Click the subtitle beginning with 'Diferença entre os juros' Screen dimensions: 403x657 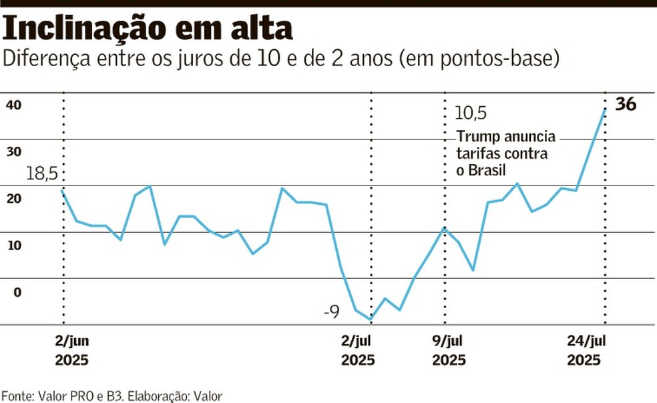pyautogui.click(x=281, y=59)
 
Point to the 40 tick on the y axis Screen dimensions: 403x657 pyautogui.click(x=14, y=105)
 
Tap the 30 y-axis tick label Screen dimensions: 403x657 pyautogui.click(x=14, y=151)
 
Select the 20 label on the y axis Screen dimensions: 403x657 pyautogui.click(x=14, y=198)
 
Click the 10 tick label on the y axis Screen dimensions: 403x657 pyautogui.click(x=14, y=245)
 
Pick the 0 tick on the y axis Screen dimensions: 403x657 pyautogui.click(x=17, y=292)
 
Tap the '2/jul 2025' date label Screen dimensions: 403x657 pyautogui.click(x=358, y=351)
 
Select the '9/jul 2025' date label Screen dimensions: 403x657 pyautogui.click(x=449, y=351)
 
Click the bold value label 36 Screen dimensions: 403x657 pyautogui.click(x=626, y=105)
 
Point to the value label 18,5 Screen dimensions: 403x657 pyautogui.click(x=42, y=175)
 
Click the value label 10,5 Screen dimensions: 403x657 pyautogui.click(x=470, y=113)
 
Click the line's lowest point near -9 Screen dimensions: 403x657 pyautogui.click(x=371, y=320)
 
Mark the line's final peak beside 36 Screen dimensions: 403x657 pyautogui.click(x=605, y=108)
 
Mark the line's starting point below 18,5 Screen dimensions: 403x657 pyautogui.click(x=63, y=191)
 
